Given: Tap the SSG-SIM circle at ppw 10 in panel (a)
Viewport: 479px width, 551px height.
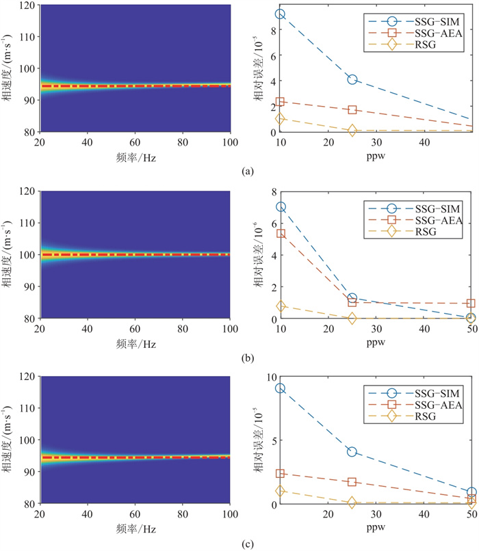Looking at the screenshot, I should click(x=281, y=14).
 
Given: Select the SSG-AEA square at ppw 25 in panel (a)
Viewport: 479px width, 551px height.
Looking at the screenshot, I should click(x=352, y=109).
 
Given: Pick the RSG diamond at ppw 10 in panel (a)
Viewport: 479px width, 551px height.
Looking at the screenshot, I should click(x=281, y=118).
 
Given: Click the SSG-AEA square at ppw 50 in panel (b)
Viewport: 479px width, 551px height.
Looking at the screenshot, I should click(x=471, y=303).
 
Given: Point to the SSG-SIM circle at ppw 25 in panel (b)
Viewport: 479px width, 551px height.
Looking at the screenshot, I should click(x=352, y=299).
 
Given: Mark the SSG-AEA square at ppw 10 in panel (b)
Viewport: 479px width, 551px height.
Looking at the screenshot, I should click(x=281, y=233).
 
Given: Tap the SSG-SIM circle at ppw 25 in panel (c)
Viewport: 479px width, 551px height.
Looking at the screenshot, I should click(x=352, y=452).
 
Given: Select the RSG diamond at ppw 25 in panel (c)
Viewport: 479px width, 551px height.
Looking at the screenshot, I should click(x=352, y=502).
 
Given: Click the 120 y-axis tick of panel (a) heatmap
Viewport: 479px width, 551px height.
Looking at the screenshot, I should click(x=30, y=5).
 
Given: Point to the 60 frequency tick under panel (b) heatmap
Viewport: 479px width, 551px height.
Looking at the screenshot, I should click(x=135, y=327).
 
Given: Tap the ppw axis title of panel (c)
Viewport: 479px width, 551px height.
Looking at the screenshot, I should click(x=376, y=527).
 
